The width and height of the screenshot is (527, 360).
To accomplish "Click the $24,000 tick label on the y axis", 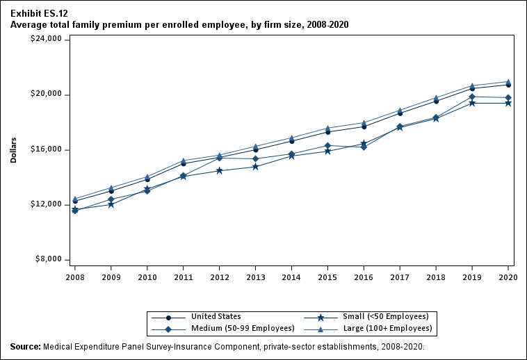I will pyautogui.click(x=48, y=40).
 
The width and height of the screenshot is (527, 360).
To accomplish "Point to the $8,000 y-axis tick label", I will pyautogui.click(x=50, y=260).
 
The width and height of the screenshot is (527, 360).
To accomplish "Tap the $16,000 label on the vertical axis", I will pyautogui.click(x=48, y=149).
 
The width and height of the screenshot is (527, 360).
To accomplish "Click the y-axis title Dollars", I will pyautogui.click(x=13, y=149).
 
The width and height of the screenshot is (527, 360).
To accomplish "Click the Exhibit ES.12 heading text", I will pyautogui.click(x=39, y=13).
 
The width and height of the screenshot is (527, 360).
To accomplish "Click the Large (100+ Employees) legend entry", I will pyautogui.click(x=387, y=328).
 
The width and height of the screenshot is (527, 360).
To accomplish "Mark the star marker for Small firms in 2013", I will pyautogui.click(x=255, y=167).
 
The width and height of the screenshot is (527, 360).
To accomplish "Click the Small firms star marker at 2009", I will pyautogui.click(x=111, y=204).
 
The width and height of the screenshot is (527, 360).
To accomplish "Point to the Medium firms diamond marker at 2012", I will pyautogui.click(x=219, y=158).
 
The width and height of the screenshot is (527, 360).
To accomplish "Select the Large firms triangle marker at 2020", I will pyautogui.click(x=508, y=82).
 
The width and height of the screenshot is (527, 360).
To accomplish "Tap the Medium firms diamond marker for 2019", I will pyautogui.click(x=472, y=97).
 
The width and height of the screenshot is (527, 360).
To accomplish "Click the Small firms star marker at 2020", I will pyautogui.click(x=508, y=103).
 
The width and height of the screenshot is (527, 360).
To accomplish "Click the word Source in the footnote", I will pyautogui.click(x=26, y=346).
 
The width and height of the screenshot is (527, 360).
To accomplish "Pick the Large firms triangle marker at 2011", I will pyautogui.click(x=183, y=161).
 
